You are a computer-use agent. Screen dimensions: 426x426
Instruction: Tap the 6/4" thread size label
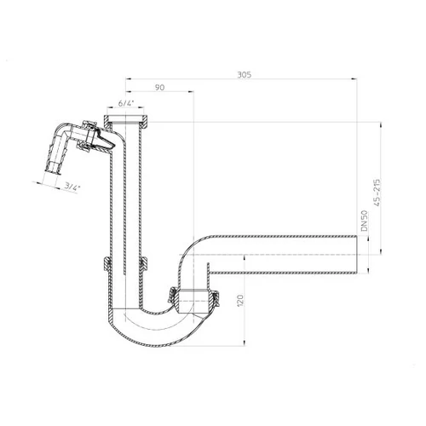pyautogui.click(x=125, y=102)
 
